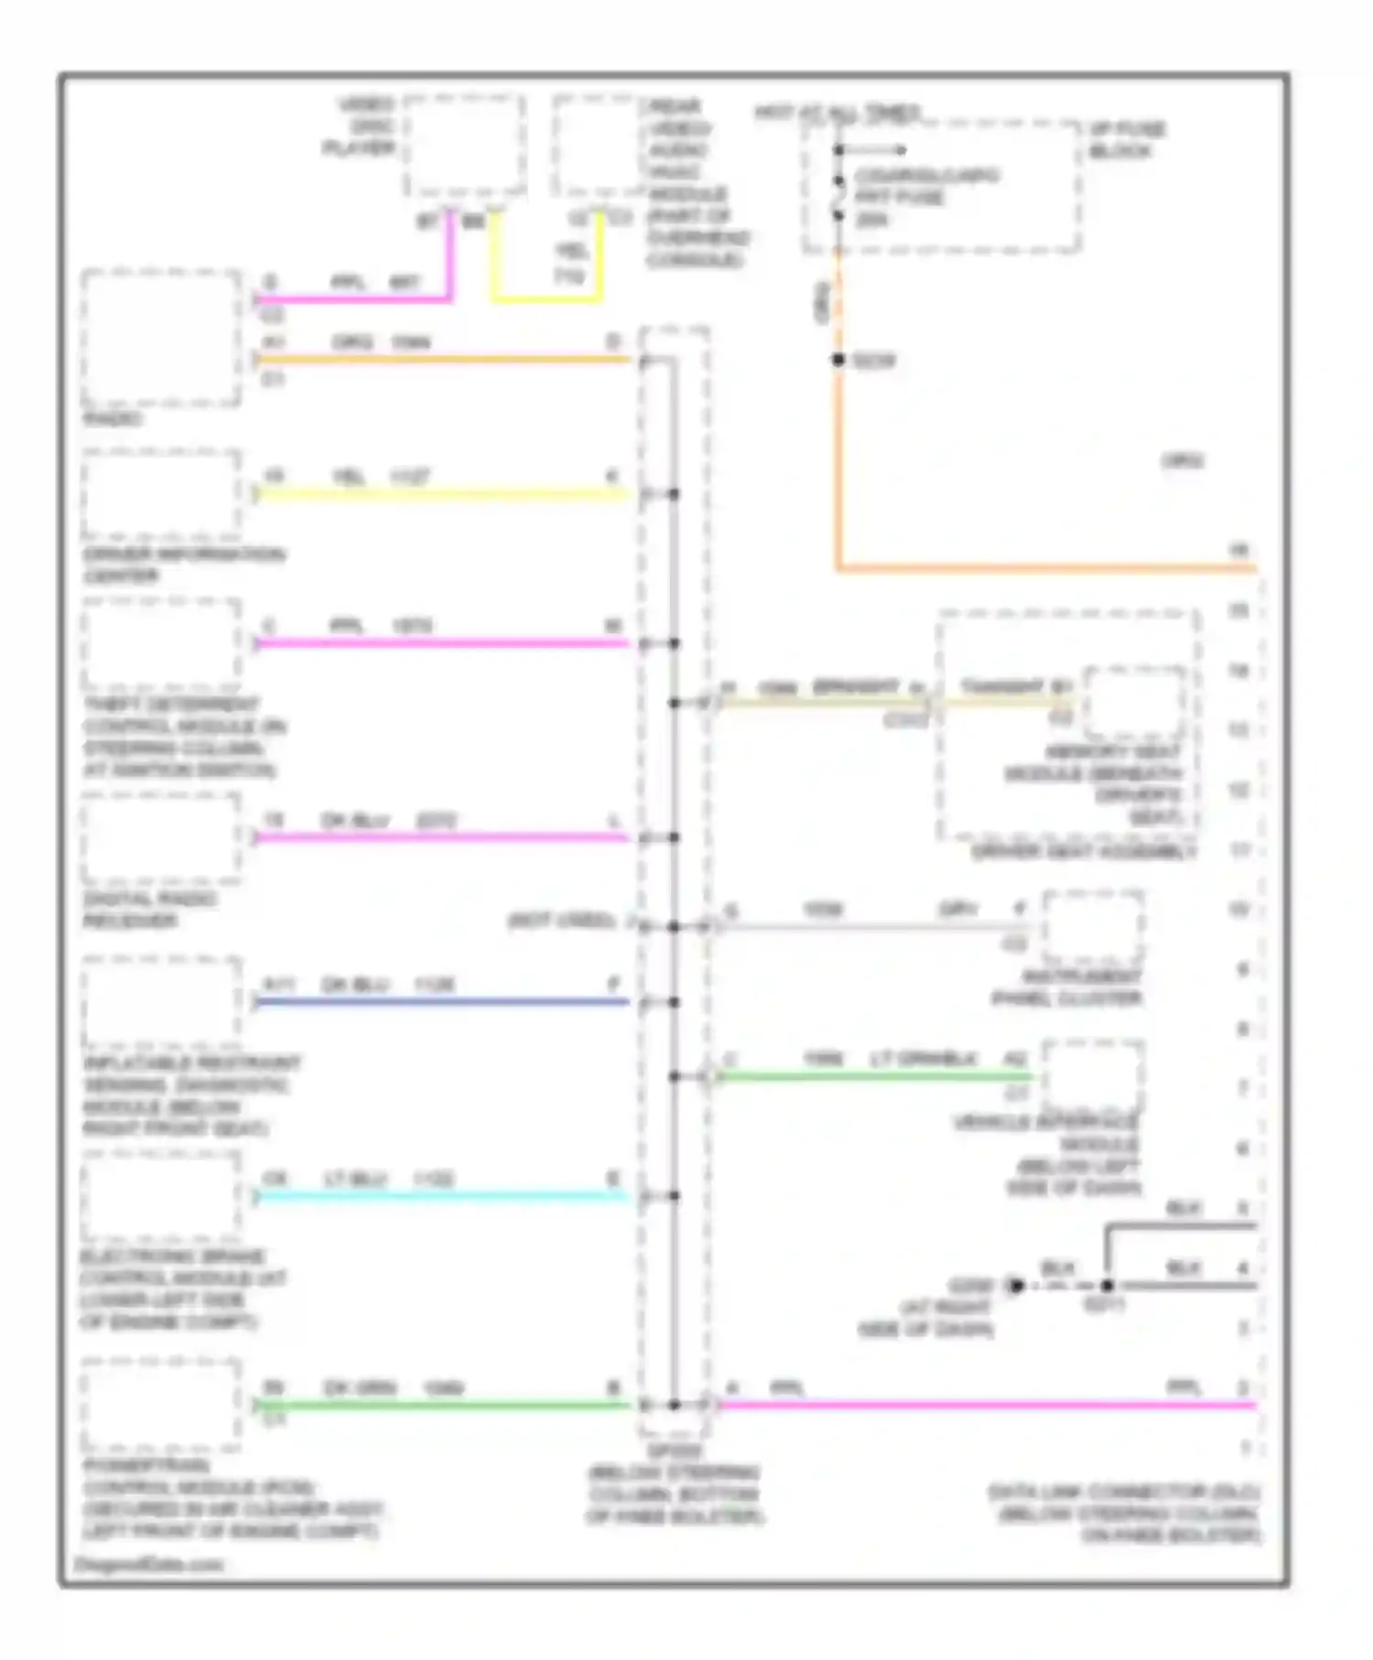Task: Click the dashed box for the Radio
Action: [x=161, y=338]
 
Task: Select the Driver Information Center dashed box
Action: [x=161, y=495]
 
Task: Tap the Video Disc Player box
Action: [x=465, y=146]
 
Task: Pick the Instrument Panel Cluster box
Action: [x=1093, y=927]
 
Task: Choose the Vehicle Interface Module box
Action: [x=1093, y=1076]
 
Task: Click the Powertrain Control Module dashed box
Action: [x=161, y=1404]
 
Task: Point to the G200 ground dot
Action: [x=1015, y=1286]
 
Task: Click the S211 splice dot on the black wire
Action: [x=1107, y=1286]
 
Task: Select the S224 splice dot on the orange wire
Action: [x=838, y=361]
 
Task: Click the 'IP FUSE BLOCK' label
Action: [x=1126, y=140]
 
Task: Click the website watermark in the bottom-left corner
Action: [x=148, y=1564]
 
